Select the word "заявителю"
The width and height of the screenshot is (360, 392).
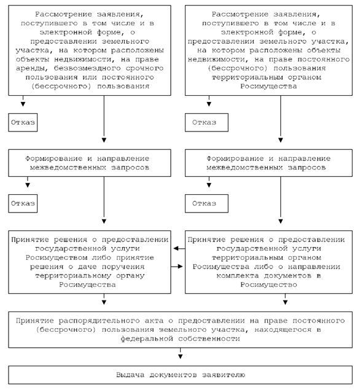pos(224,375)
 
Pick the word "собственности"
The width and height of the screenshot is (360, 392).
pos(209,339)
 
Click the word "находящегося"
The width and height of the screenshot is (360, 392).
pos(283,330)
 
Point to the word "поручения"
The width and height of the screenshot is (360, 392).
pos(123,267)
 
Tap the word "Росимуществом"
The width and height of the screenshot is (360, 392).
pos(57,258)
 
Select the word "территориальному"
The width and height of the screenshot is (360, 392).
pos(73,276)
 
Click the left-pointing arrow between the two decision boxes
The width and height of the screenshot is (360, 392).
pos(179,248)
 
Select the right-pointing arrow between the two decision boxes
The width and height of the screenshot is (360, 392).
pos(177,267)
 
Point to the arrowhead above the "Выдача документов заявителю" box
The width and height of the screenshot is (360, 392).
pos(180,356)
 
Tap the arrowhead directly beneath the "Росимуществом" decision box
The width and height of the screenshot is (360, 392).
pos(104,302)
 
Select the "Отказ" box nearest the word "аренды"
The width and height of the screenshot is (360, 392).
pos(23,122)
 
